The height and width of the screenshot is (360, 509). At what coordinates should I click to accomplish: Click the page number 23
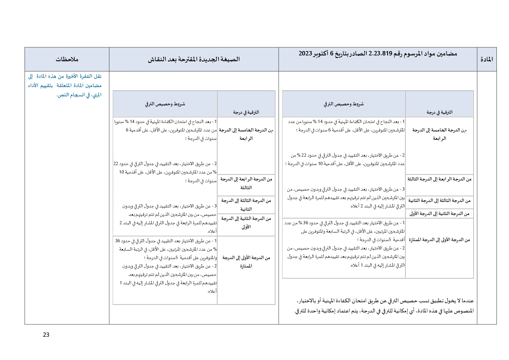46,335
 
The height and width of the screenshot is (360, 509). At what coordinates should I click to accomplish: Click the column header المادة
487,59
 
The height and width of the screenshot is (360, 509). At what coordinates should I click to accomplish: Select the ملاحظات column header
67,59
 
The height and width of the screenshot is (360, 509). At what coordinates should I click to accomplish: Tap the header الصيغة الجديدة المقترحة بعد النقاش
194,59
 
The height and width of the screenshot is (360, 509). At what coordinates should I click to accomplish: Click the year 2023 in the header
305,53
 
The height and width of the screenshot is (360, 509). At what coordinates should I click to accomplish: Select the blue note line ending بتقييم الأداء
65,85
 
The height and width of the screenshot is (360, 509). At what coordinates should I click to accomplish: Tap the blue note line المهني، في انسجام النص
79,95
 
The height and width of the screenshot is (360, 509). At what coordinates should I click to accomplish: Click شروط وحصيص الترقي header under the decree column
344,104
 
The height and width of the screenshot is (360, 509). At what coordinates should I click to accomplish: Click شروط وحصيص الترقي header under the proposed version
165,104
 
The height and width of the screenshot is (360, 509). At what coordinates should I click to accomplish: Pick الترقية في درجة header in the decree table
439,112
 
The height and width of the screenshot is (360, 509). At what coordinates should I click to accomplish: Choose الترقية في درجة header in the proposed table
246,112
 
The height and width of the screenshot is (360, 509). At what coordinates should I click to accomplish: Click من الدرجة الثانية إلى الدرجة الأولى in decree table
439,214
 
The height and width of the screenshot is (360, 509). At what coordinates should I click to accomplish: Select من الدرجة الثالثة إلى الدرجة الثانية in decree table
439,200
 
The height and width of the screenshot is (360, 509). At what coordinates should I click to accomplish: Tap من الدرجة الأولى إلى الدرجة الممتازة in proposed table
246,262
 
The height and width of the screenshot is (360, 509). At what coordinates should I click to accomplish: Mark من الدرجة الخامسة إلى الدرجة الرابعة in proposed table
246,134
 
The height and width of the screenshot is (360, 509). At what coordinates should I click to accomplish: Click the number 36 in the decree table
306,223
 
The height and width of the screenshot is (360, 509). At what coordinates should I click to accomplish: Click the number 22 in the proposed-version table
116,164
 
